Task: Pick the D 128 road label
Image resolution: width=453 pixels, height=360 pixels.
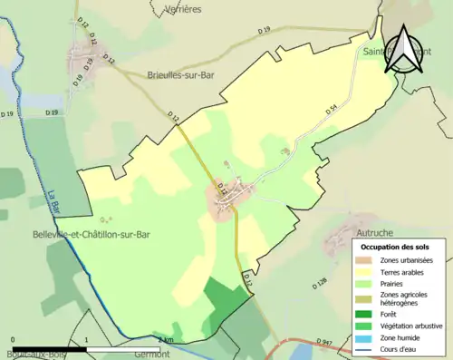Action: pos(322,282)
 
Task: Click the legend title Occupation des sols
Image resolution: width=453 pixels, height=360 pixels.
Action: pos(396,246)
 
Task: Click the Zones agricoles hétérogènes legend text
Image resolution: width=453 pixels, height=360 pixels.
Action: pos(407,297)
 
